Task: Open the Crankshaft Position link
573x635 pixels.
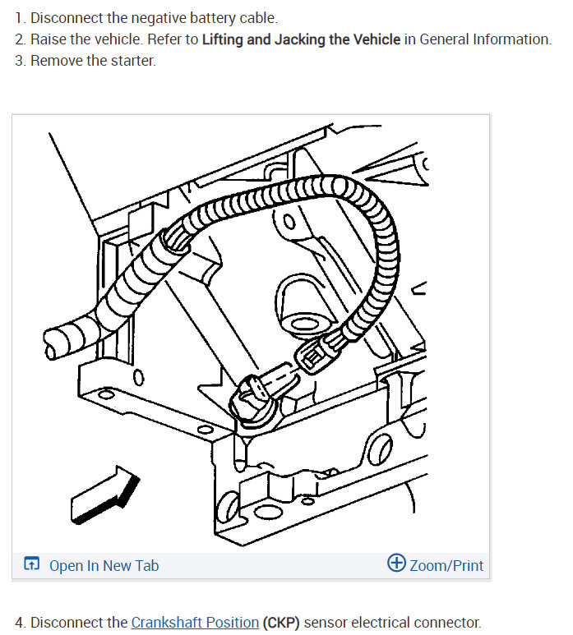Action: pyautogui.click(x=195, y=622)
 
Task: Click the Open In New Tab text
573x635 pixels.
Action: pyautogui.click(x=104, y=565)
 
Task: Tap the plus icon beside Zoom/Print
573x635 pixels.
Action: pyautogui.click(x=396, y=564)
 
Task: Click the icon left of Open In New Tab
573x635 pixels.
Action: pyautogui.click(x=32, y=564)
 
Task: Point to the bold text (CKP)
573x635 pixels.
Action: pyautogui.click(x=281, y=622)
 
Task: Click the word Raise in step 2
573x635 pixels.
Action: pyautogui.click(x=49, y=39)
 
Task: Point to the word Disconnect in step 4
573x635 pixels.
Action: pyautogui.click(x=67, y=622)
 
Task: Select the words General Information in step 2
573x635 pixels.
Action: pyautogui.click(x=483, y=39)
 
